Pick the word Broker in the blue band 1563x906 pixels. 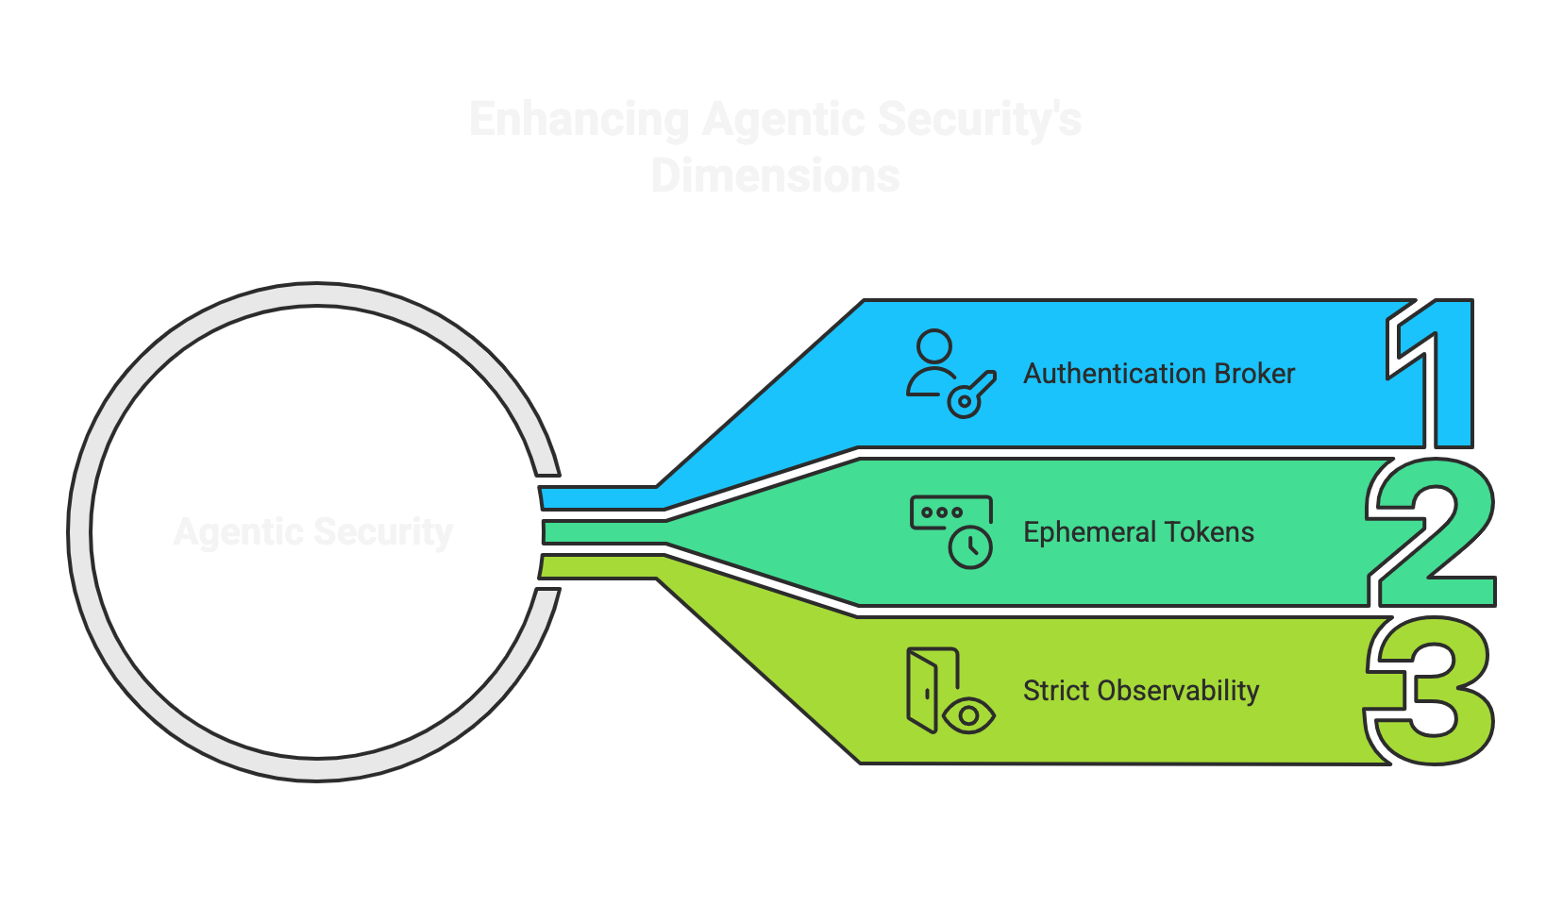(x=1254, y=374)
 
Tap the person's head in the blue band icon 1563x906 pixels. (x=934, y=345)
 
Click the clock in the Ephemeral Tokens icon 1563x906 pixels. (x=970, y=548)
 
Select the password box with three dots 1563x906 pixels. (x=944, y=512)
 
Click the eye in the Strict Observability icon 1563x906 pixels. (x=968, y=716)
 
